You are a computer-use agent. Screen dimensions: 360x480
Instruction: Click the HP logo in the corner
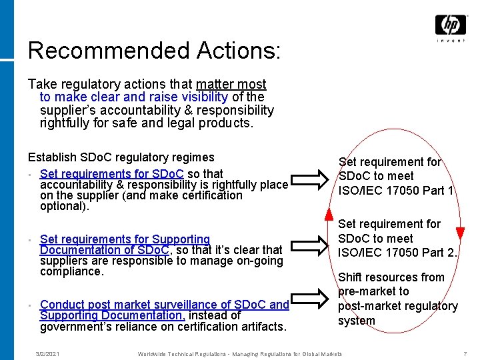point(451,26)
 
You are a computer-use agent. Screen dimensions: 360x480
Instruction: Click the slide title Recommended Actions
point(154,51)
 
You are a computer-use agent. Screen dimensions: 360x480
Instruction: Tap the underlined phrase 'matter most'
point(231,85)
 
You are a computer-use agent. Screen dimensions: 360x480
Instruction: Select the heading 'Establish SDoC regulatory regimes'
point(121,157)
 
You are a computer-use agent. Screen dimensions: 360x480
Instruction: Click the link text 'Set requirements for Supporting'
point(125,239)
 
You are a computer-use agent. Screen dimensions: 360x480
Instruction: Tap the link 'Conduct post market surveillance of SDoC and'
point(164,305)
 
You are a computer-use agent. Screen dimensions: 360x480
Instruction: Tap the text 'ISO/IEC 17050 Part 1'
point(396,191)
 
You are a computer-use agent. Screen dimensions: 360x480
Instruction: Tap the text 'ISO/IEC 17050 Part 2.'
point(398,253)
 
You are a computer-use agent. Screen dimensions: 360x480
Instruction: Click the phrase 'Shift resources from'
point(391,277)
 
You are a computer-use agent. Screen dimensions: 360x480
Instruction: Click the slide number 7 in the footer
point(465,353)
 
